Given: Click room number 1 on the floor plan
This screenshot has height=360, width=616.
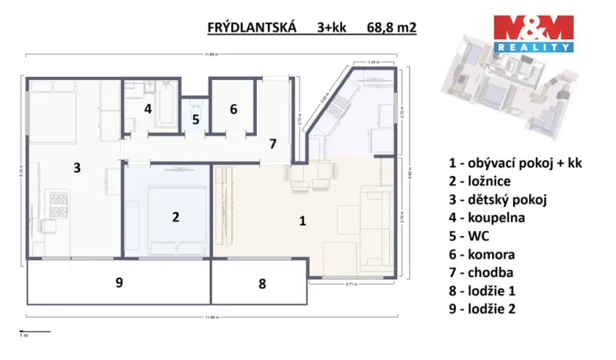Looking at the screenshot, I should (x=303, y=221).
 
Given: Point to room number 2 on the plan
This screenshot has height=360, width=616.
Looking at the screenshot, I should (x=175, y=217).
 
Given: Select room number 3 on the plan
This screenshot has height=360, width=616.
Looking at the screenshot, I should (x=76, y=167).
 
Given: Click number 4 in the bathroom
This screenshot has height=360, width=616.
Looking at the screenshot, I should (x=148, y=108).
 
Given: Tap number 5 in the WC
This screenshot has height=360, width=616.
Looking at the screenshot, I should (x=195, y=120).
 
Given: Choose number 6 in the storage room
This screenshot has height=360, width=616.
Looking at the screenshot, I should (x=233, y=108).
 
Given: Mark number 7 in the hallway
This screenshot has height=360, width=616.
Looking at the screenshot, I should (x=271, y=143).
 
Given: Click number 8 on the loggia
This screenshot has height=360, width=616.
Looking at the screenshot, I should (x=261, y=284).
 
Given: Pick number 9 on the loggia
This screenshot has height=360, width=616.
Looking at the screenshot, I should (x=118, y=283).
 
